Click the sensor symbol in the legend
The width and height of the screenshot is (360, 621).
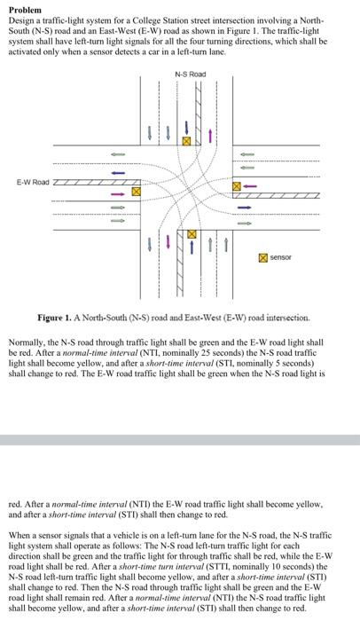(263, 257)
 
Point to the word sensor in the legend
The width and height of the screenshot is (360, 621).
(284, 257)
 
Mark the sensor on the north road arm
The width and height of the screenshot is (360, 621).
(186, 140)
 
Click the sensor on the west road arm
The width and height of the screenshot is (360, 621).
(137, 191)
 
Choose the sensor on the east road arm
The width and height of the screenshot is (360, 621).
(237, 186)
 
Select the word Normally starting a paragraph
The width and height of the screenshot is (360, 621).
(26, 342)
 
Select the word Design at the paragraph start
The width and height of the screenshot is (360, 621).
(21, 18)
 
